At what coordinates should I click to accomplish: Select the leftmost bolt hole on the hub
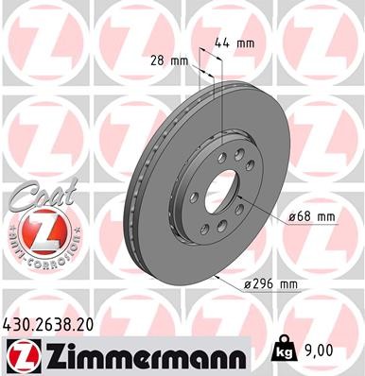[x=193, y=197]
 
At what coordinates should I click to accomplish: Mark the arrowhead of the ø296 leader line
[x=217, y=274]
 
